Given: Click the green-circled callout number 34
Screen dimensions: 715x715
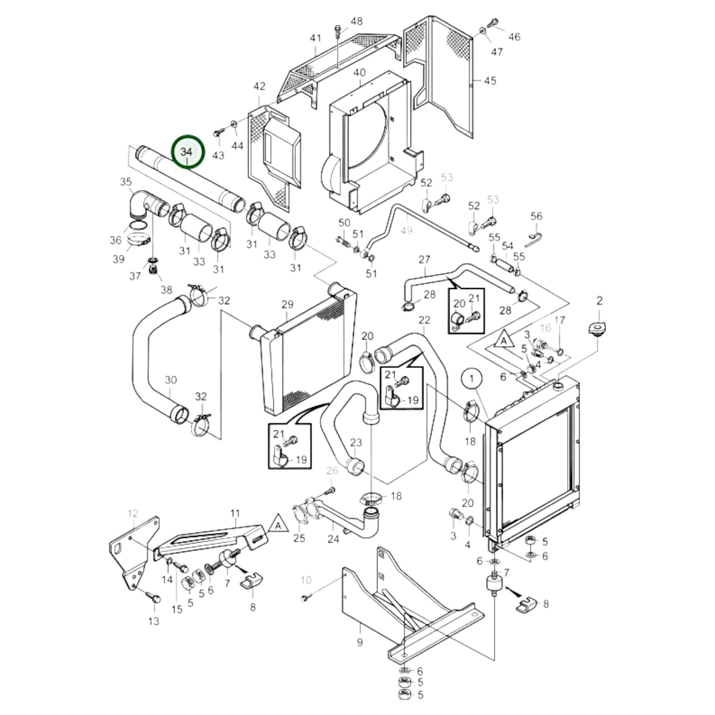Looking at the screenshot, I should pos(187,152).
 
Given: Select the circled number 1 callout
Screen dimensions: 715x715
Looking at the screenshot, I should pos(472,379).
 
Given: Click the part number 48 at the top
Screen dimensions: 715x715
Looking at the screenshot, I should pos(356,21).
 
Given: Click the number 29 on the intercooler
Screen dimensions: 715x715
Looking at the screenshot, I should pos(287,304).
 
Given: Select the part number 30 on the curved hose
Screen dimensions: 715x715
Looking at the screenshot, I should pos(170,380).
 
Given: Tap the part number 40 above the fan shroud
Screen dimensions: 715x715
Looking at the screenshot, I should pos(359,73).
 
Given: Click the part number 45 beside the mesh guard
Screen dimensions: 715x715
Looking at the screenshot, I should pos(489,81).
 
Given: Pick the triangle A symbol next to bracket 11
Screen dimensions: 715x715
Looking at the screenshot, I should pos(279,524).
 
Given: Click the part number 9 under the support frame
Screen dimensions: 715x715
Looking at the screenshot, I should pos(360,642).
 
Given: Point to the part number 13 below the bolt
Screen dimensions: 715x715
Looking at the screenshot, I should pos(154,620).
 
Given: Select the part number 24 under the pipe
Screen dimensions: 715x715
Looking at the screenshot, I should pos(334,539).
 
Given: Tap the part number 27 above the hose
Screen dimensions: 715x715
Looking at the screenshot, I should pos(425,259).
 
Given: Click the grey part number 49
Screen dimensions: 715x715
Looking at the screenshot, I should pos(406,231).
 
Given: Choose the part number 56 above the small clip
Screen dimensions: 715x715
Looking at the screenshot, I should pos(536,216).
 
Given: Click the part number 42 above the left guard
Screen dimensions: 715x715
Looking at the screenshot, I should pos(259,86).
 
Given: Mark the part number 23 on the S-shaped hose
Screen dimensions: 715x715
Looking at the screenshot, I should pos(356,442).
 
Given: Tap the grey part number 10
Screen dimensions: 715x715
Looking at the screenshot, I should pos(306,579).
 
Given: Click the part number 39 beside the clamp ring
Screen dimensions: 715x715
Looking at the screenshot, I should pos(118,259).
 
